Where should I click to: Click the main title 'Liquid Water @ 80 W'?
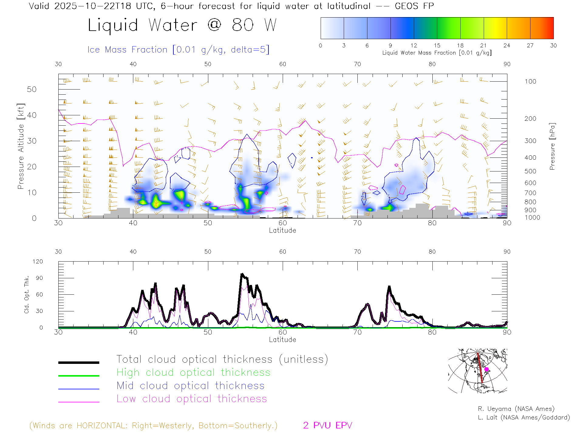[x=182, y=25]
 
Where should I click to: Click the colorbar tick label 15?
[x=437, y=46]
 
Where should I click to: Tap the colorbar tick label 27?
[x=530, y=46]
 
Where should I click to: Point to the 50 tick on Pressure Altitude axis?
[x=32, y=89]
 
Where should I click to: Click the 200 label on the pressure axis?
[x=530, y=119]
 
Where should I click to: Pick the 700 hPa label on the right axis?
[x=530, y=193]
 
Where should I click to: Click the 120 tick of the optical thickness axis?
[x=38, y=262]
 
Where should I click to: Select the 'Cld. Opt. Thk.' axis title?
[x=27, y=294]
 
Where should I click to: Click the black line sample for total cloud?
[x=79, y=362]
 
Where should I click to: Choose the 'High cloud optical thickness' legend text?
[x=193, y=372]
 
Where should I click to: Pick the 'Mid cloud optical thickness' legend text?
[x=190, y=386]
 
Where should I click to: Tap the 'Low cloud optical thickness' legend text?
[x=192, y=399]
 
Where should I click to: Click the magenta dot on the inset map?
[x=486, y=369]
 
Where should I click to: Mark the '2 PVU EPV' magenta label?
[x=327, y=425]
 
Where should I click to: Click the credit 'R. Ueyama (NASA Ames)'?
[x=516, y=409]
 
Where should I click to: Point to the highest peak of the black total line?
[x=242, y=274]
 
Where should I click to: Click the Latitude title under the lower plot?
[x=282, y=340]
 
